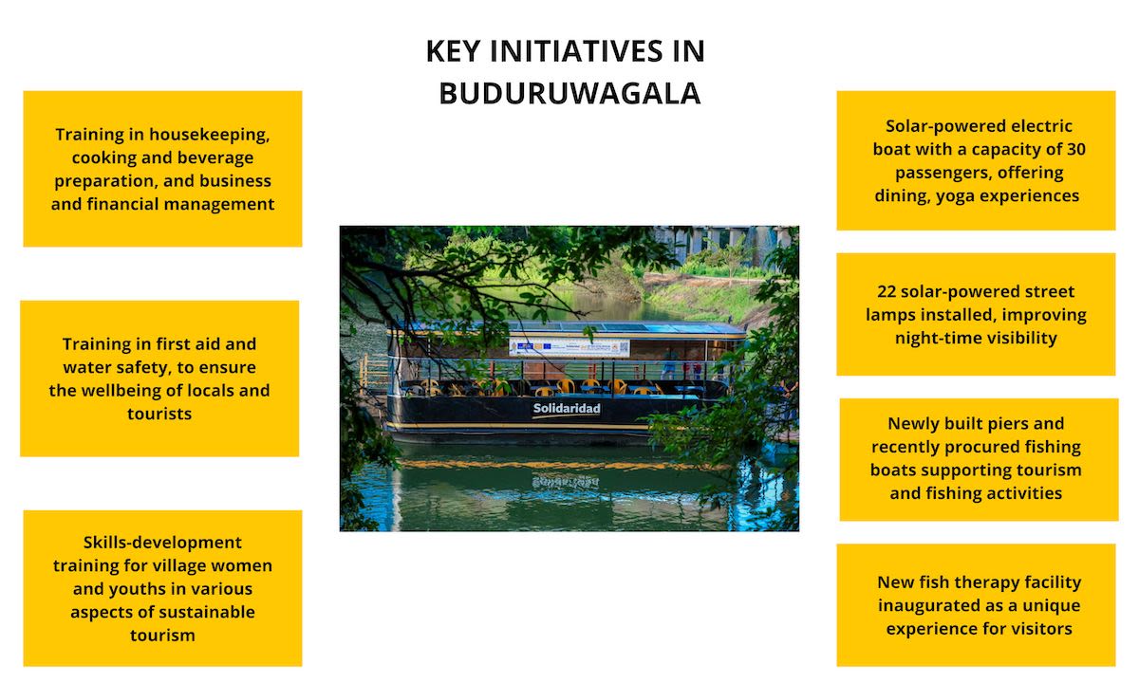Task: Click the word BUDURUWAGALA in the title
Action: [x=569, y=94]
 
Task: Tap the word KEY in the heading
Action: [x=453, y=51]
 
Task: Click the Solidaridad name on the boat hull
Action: [x=567, y=409]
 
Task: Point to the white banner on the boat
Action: [x=569, y=347]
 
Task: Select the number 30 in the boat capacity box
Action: [x=1075, y=149]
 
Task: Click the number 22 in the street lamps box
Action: [x=887, y=291]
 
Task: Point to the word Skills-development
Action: [x=162, y=543]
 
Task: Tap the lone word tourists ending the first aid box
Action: [x=159, y=414]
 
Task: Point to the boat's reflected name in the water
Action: [x=566, y=481]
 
